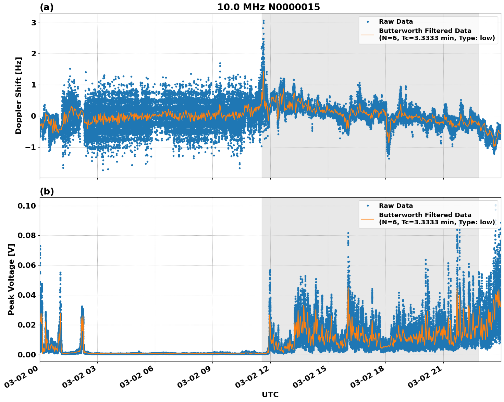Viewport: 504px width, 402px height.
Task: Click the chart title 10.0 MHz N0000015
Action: [268, 7]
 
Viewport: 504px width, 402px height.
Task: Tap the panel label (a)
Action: [47, 7]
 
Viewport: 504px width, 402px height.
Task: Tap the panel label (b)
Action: [47, 191]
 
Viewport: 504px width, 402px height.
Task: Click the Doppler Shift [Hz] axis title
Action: [19, 95]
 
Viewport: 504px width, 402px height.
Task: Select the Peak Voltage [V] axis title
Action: [11, 279]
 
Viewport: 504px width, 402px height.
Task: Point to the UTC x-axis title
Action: [270, 394]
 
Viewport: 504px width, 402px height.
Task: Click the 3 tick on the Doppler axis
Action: [34, 23]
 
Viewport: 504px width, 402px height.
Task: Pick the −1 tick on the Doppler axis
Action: [31, 147]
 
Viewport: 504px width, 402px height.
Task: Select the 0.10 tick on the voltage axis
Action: [27, 206]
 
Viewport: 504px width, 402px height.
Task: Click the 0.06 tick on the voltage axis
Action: [27, 265]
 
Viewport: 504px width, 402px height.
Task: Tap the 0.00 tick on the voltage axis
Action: [27, 354]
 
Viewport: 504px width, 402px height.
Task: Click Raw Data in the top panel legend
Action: [396, 22]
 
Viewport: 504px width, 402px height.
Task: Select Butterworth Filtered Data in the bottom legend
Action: [425, 215]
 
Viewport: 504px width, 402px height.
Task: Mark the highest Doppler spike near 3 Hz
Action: [263, 21]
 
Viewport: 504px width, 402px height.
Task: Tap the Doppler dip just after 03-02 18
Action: [389, 156]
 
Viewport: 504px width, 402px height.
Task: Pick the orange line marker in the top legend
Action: [367, 34]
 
